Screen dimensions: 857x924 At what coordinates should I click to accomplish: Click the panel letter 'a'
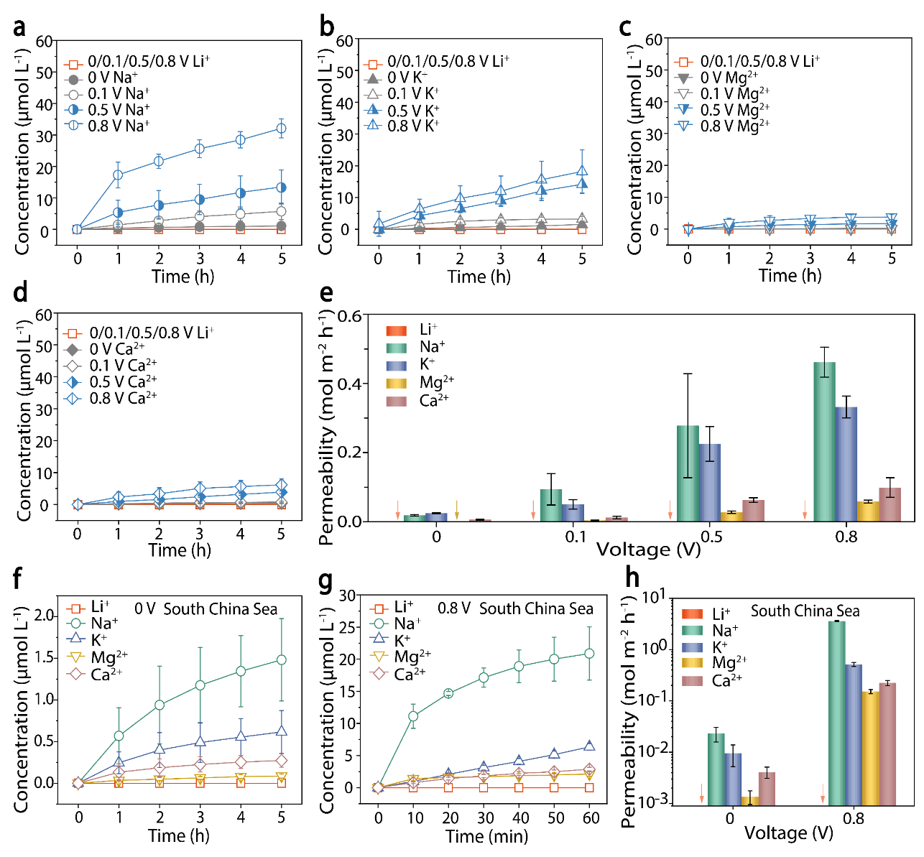coord(19,27)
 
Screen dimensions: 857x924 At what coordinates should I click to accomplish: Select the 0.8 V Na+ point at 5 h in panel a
coord(282,129)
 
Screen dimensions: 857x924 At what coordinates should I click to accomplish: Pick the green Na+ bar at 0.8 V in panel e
coord(824,441)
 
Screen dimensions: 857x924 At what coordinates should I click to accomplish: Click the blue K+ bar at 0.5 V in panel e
coord(710,482)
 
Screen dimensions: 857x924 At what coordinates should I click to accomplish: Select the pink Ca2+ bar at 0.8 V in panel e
coord(890,504)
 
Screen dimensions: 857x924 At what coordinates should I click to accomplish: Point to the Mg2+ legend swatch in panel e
coord(397,383)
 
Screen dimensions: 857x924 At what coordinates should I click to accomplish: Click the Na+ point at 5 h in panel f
coord(281,659)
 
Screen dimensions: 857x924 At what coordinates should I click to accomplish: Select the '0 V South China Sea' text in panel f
coord(205,609)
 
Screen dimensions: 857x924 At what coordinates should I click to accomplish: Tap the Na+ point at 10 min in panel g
coord(413,715)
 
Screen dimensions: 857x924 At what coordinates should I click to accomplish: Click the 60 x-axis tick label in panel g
coord(591,817)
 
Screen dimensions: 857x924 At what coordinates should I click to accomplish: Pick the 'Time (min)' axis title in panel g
coord(486,836)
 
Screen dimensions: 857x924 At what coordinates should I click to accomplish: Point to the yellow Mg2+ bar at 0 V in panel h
coord(749,800)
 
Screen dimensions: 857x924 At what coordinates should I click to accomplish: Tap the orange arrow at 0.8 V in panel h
coord(823,793)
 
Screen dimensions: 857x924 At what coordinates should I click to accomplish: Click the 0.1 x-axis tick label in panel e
coord(575,537)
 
